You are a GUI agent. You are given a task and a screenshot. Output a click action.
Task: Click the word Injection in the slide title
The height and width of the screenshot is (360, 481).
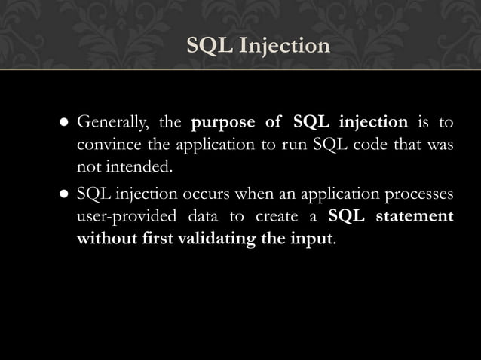pos(284,47)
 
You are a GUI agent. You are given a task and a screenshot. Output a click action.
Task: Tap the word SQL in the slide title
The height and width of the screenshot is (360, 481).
pos(210,47)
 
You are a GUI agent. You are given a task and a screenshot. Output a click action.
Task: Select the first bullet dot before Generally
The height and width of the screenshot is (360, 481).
pos(65,123)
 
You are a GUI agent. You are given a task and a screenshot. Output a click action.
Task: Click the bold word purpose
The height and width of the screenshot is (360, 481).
pos(224,122)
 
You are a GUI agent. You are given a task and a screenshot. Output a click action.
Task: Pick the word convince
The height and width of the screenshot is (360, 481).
pos(106,144)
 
